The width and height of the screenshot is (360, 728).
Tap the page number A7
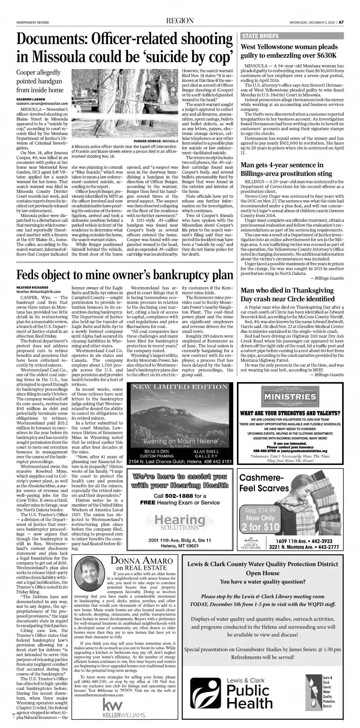342,23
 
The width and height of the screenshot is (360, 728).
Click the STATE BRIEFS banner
260,36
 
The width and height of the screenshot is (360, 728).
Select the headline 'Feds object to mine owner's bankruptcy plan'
125,275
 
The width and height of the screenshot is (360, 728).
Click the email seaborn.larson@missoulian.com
42,104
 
